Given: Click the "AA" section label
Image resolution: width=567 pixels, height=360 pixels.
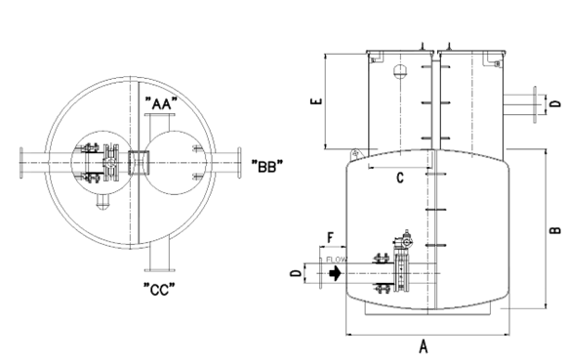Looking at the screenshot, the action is pos(161,103).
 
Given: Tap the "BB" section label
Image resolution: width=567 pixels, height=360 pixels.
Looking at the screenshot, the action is pos(267,166).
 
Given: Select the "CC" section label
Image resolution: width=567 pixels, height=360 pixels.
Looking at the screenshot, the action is pos(159,290).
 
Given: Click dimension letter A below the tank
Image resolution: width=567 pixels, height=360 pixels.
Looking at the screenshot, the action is pos(424,346).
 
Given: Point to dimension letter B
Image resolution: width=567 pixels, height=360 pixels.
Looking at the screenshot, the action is pos(555,230).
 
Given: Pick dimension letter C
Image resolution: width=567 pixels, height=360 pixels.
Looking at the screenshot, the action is pos(400,178).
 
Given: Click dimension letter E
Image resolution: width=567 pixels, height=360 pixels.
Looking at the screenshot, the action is pos(316,100).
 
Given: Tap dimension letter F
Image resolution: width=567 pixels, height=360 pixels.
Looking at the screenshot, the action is pos(330,238).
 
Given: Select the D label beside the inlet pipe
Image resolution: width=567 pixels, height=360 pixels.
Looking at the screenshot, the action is pos(296,273).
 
